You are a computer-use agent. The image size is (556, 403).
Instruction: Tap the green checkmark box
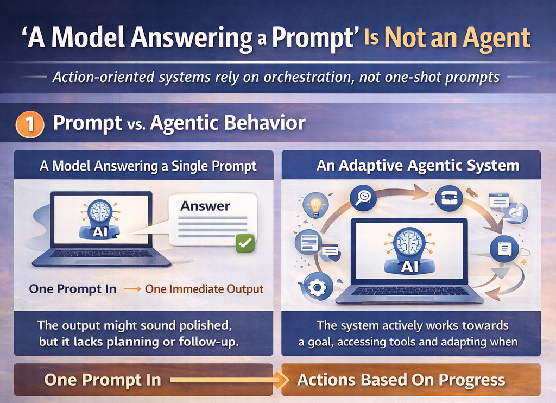(245, 243)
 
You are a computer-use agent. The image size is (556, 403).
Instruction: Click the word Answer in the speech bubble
(205, 206)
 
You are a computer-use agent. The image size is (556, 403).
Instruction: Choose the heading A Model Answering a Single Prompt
(148, 166)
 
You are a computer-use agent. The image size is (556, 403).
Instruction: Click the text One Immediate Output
(204, 289)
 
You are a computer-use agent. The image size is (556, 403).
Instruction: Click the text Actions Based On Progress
(401, 380)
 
